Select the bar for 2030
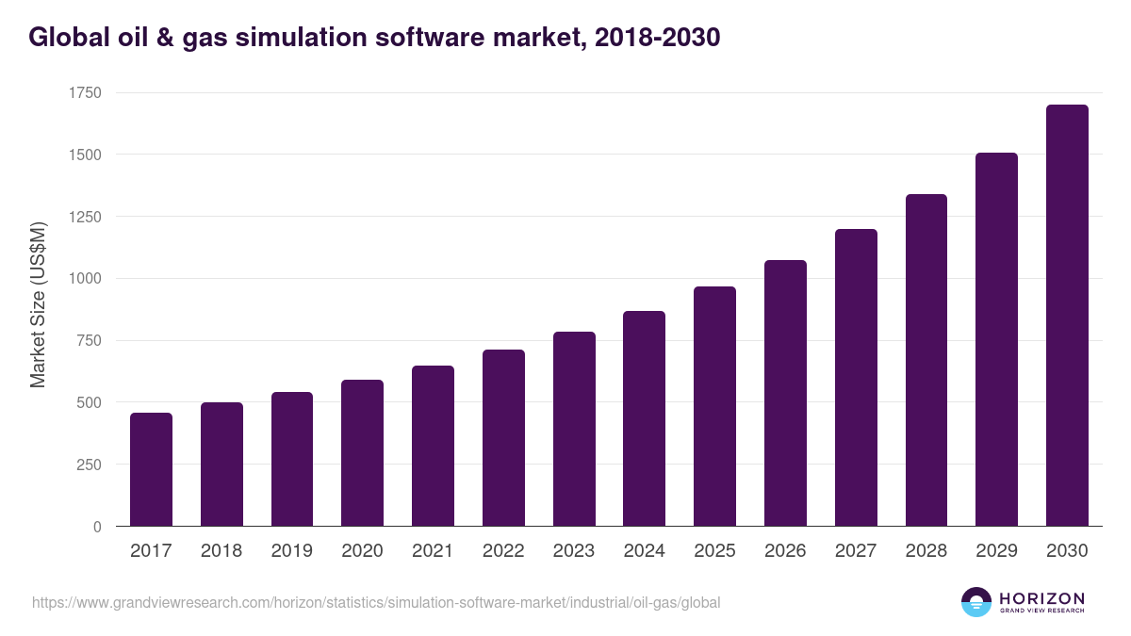coord(1067,316)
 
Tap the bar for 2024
coord(644,418)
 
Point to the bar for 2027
coord(856,377)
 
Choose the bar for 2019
coord(292,459)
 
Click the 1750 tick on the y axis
coord(85,92)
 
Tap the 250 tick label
coord(89,465)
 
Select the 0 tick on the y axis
coord(97,527)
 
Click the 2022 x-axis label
coord(503,551)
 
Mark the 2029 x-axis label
coord(996,551)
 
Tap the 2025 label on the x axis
coord(714,551)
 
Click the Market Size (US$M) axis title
coord(38,305)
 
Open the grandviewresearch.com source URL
coord(377,602)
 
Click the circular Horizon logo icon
coord(976,602)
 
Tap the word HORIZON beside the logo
coord(1041,597)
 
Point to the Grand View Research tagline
coord(1041,612)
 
